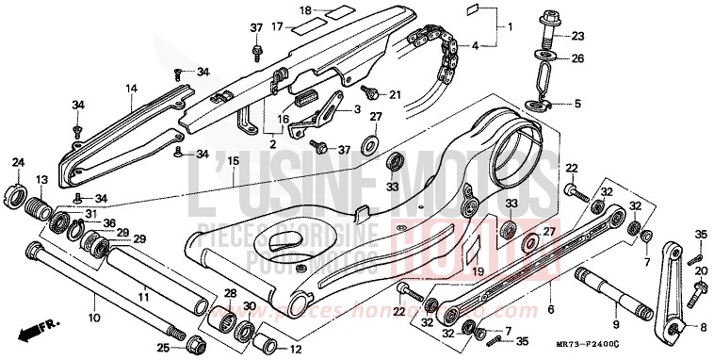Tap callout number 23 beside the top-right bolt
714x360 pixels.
pos(577,37)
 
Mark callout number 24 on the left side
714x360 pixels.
pos(17,164)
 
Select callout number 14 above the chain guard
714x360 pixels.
pos(132,89)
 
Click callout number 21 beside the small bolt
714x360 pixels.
pos(395,94)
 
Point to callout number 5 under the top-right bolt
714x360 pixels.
pos(577,104)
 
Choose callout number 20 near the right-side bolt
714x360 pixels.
pos(700,270)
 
